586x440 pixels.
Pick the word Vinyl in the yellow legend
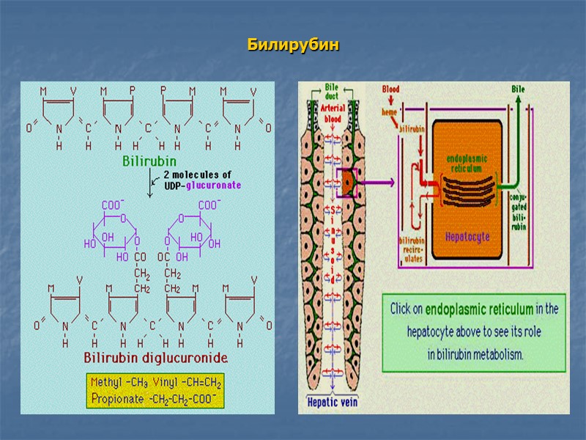(171, 383)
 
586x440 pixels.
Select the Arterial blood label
(333, 114)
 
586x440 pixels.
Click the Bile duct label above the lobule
(333, 92)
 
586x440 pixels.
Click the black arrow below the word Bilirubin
(151, 183)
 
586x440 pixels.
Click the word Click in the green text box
(404, 309)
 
